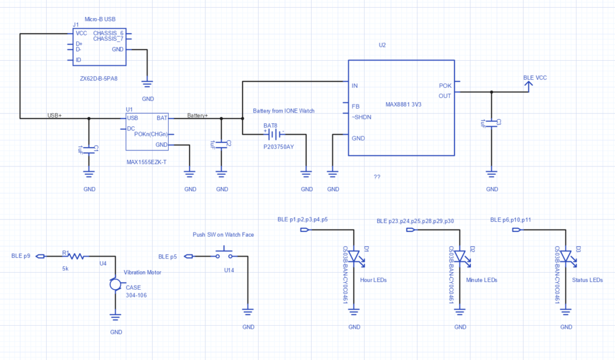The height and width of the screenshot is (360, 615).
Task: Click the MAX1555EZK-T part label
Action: tap(147, 162)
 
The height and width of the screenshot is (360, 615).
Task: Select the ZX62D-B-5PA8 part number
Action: tap(98, 79)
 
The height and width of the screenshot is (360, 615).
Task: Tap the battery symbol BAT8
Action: tap(274, 135)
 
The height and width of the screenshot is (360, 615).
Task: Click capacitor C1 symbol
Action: tap(89, 150)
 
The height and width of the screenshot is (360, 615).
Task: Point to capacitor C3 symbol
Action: tap(491, 124)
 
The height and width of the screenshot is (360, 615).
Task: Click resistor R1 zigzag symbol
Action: tap(76, 257)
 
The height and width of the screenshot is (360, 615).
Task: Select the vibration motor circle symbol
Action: tap(115, 284)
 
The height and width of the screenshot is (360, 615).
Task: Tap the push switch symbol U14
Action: tap(224, 254)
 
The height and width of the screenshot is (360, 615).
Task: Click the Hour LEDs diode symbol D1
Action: tap(354, 257)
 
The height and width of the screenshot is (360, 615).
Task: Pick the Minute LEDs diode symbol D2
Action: tap(460, 257)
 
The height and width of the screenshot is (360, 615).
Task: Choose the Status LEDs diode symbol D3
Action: tap(566, 257)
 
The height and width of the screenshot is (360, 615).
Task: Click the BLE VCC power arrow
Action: tap(529, 87)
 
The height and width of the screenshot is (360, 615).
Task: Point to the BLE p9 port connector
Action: tap(40, 257)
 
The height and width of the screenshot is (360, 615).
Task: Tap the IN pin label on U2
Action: tap(354, 85)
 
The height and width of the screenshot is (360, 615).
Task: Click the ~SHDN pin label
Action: tap(361, 117)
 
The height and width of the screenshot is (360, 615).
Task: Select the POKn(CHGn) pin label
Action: tap(151, 134)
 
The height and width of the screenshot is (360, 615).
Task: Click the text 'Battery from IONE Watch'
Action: tap(283, 111)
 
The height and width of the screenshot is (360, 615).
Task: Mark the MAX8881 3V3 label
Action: tap(403, 105)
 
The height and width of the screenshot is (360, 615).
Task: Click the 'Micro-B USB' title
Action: tap(100, 19)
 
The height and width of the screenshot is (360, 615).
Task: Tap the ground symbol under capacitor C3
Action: tap(491, 174)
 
